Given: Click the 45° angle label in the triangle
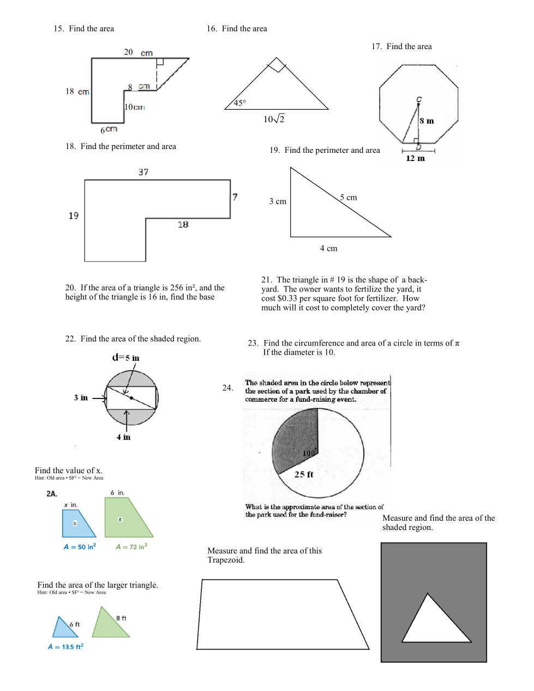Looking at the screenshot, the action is (239, 103).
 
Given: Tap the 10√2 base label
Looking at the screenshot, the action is (274, 118).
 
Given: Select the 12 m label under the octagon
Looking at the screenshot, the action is (415, 158).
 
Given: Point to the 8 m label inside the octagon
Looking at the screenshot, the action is (427, 121).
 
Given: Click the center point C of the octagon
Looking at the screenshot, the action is (418, 104).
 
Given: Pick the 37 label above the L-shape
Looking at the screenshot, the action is (143, 172).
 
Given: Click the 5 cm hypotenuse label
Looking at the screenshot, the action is (348, 197).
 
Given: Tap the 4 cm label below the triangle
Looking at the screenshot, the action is (328, 248).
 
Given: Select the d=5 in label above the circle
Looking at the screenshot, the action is (125, 358).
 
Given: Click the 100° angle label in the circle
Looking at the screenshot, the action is (309, 452).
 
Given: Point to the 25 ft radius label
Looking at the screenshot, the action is (303, 474).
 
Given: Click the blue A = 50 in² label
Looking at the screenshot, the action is (80, 546).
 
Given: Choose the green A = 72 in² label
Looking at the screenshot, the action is (131, 546).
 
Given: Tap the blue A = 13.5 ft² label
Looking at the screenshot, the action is (65, 646).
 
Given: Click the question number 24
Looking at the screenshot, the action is (227, 388).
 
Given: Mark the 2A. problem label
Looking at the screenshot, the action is (52, 493).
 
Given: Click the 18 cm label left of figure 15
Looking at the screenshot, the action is (77, 91).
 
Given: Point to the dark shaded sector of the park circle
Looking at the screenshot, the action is (296, 439).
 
